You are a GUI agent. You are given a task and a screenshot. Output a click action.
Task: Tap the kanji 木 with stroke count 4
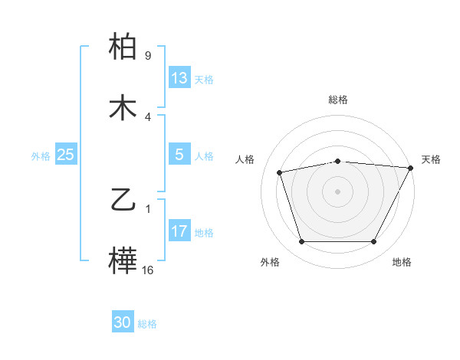tap(123, 108)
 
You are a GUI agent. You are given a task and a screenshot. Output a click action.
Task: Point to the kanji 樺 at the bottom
tap(123, 261)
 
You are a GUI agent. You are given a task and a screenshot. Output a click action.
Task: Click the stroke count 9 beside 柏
tap(148, 56)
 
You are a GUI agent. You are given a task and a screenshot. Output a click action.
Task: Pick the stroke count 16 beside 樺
tap(148, 270)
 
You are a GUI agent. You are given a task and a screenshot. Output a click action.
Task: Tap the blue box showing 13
tap(179, 78)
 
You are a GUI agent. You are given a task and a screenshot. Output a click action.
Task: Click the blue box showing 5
tap(179, 155)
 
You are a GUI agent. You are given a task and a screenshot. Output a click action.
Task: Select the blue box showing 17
tap(179, 231)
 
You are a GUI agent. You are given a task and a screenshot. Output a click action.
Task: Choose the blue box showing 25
tap(65, 155)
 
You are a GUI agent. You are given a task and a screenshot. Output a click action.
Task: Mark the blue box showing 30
tap(123, 323)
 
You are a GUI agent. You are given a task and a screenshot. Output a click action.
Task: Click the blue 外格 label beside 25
tap(41, 156)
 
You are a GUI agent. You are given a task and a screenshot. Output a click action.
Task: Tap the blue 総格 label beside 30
tap(147, 325)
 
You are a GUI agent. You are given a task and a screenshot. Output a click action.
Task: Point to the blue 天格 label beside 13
tap(204, 80)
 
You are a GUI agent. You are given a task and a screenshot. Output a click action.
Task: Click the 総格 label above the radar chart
tap(337, 100)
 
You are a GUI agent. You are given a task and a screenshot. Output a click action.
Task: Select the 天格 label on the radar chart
tap(431, 159)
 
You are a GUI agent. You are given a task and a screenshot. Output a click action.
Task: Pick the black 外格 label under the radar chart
tap(270, 262)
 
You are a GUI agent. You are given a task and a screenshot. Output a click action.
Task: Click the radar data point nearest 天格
tap(410, 168)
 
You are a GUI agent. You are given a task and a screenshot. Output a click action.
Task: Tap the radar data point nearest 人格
tap(280, 172)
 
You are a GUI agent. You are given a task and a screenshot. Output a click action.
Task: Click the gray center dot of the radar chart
tap(337, 191)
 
